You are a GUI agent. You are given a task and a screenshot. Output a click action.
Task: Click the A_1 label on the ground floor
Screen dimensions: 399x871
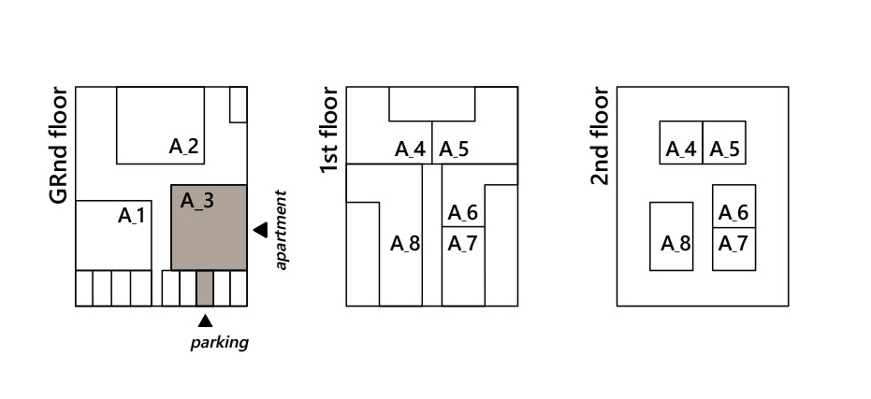pyautogui.click(x=132, y=216)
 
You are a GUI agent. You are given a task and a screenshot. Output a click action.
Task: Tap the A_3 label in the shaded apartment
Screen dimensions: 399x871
pyautogui.click(x=196, y=200)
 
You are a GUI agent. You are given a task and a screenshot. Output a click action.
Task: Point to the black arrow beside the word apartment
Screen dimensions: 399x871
pyautogui.click(x=260, y=230)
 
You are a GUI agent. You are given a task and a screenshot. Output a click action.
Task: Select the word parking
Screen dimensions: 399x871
pyautogui.click(x=220, y=342)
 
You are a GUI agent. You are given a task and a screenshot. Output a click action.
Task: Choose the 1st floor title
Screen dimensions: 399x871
pyautogui.click(x=328, y=130)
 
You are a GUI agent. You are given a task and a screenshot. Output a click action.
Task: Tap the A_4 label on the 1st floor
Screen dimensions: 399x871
pyautogui.click(x=410, y=149)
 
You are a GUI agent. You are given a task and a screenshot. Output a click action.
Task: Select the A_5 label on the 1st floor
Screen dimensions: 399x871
pyautogui.click(x=454, y=149)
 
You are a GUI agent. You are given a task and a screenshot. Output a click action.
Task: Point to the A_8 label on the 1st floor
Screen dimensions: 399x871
pyautogui.click(x=405, y=245)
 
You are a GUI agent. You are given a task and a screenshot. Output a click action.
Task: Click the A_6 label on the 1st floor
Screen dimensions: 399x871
pyautogui.click(x=462, y=213)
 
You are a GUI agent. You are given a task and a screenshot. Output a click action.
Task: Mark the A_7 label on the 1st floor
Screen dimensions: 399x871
pyautogui.click(x=462, y=244)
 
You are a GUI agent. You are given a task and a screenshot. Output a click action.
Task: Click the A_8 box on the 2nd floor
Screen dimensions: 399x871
pyautogui.click(x=672, y=236)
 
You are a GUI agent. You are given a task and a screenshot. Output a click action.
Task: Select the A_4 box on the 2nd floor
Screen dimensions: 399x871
pyautogui.click(x=681, y=142)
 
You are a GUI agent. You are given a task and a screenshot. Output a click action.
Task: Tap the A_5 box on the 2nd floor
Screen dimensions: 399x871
pyautogui.click(x=724, y=142)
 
